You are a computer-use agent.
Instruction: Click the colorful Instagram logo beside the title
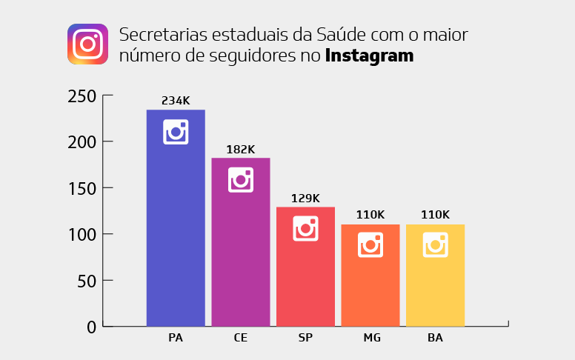coord(88,44)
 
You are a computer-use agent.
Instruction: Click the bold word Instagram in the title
coord(369,56)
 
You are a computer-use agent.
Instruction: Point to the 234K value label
coord(176,101)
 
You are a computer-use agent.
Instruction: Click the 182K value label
coord(241,149)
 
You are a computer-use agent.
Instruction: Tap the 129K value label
coord(305,198)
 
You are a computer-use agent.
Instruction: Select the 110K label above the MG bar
coord(370,215)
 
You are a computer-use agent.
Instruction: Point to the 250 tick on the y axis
coord(82,96)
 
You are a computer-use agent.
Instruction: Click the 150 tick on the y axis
coord(82,188)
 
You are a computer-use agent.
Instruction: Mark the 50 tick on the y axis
coord(86,281)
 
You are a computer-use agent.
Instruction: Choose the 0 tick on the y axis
coord(91,327)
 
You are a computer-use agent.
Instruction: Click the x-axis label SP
coord(305,338)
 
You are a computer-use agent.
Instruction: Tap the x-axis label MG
coord(370,338)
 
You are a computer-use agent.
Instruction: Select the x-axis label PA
coord(176,338)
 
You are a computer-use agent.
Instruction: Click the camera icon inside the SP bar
coord(305,228)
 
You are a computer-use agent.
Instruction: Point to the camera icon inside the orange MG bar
coord(370,244)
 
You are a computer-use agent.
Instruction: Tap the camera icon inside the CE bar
coord(241,180)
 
